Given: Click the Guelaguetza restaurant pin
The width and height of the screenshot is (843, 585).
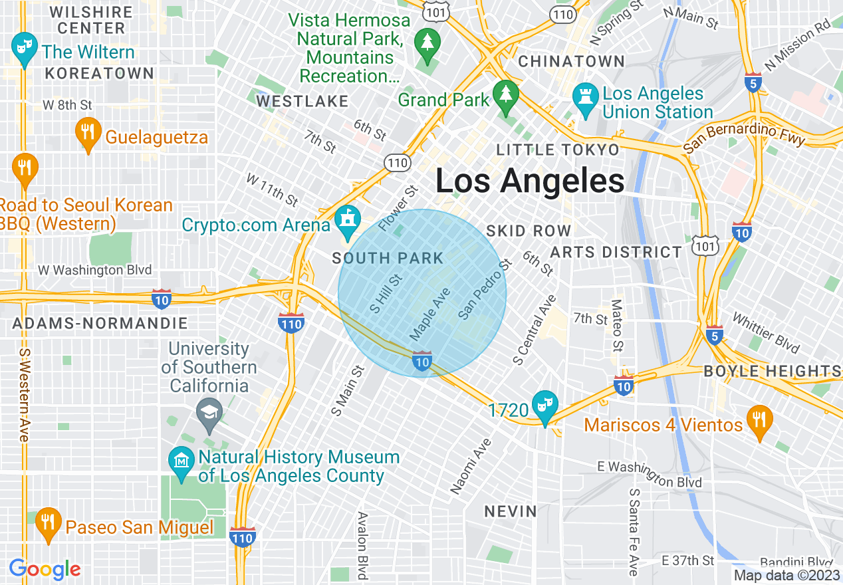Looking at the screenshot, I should coord(87,133).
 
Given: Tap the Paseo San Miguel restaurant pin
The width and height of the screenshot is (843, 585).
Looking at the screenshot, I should coord(47,523).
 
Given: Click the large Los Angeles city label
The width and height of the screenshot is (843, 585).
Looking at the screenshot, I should coord(530,181).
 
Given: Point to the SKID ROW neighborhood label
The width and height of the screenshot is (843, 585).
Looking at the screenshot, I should coord(529,231).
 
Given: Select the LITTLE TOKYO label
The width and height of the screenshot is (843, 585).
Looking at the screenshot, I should coord(558,150).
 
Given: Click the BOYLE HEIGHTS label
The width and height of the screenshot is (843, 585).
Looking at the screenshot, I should coord(772,371).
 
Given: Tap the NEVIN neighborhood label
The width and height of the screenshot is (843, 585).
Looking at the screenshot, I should coord(510,511).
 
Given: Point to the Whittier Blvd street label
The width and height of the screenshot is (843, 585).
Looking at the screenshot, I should coord(765,332).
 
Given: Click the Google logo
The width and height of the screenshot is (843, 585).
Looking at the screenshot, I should coord(45,569).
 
